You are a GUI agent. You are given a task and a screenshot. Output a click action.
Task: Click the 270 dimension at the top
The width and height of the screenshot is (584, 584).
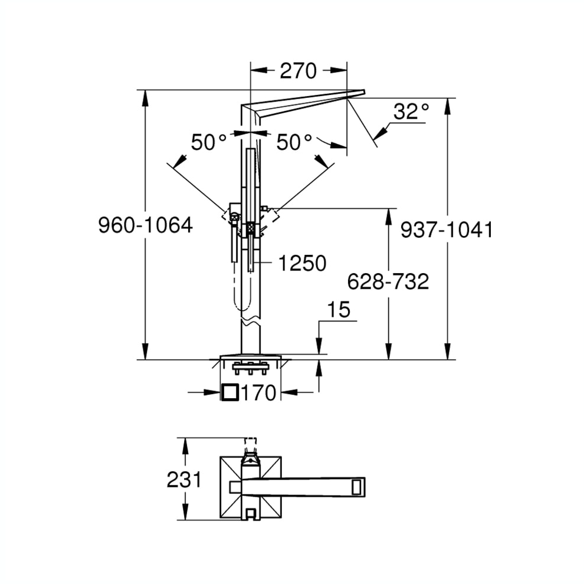click(298, 71)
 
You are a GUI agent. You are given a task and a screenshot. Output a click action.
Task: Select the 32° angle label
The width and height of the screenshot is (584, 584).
click(411, 111)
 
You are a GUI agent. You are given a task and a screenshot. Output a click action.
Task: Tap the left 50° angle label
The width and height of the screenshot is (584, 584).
click(209, 142)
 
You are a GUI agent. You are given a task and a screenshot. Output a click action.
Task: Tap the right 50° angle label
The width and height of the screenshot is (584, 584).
click(294, 142)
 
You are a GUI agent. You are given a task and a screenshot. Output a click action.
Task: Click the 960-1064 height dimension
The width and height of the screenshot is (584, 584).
click(145, 225)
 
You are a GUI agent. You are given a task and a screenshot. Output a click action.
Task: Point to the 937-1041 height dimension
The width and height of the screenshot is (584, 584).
click(446, 229)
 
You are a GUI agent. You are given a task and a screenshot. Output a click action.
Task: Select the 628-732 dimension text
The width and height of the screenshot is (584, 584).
click(388, 282)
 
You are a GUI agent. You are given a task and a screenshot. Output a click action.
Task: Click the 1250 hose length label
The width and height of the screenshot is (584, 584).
click(301, 264)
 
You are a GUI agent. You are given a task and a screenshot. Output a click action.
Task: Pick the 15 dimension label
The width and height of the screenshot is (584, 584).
click(338, 310)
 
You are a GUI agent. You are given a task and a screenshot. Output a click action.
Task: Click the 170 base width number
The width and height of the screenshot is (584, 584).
click(258, 392)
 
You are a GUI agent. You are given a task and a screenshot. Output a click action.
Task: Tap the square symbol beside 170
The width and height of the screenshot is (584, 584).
click(229, 392)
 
